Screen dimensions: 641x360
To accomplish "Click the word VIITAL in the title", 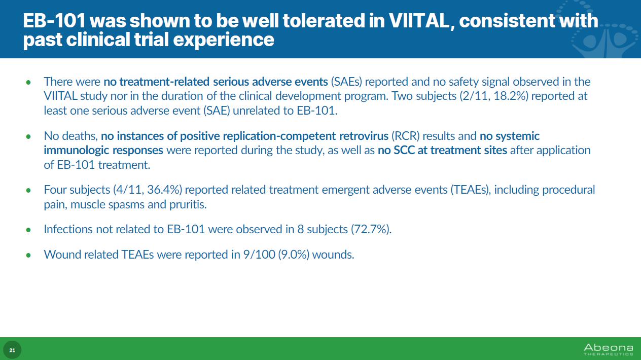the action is tap(419, 21).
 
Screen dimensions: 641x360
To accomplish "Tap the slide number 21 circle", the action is tap(12, 350).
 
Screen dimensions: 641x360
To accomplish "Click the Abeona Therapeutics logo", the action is tap(609, 350).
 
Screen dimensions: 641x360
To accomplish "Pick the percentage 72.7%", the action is tap(371, 229).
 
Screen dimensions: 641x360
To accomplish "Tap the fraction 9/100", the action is tap(259, 255).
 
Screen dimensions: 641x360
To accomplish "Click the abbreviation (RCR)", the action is tap(405, 136).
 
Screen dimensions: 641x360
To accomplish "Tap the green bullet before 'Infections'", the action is tap(28, 230).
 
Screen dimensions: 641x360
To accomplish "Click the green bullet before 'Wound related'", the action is tap(28, 255).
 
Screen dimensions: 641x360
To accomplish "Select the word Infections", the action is tap(68, 229).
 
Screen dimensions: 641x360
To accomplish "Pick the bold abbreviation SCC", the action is tap(404, 150).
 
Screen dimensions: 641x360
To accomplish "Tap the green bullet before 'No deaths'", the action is tap(28, 136).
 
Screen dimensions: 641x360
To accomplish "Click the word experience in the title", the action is tap(224, 40).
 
